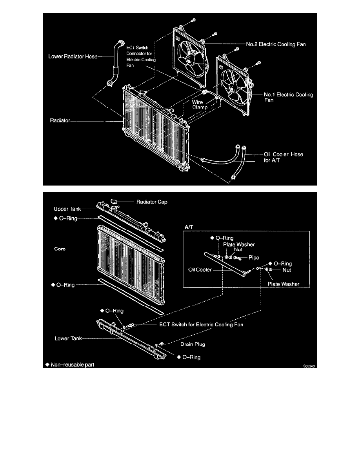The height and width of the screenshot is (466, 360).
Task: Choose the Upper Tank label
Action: tap(67, 209)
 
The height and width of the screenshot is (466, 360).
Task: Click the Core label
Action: tap(61, 249)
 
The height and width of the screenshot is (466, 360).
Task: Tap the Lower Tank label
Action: tap(67, 338)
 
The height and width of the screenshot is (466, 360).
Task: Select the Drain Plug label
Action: tap(193, 344)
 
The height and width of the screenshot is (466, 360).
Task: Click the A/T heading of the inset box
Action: tap(189, 227)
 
